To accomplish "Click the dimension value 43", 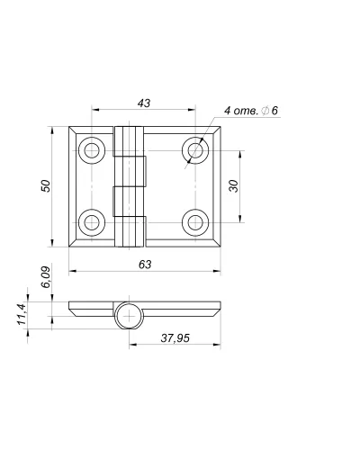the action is (144, 103).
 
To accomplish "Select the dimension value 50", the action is (46, 185).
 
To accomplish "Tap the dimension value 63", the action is (145, 265).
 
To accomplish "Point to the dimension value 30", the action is (233, 186).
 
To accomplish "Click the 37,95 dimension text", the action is (175, 338).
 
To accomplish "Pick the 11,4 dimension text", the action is (22, 314).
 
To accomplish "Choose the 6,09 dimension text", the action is (46, 277).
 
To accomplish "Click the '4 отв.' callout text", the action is (241, 111).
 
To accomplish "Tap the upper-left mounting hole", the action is (92, 150).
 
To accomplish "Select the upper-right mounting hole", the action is (195, 150).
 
